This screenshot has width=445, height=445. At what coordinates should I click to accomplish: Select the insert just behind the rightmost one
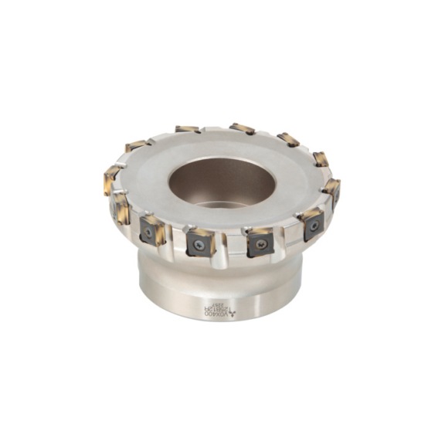click(321, 159)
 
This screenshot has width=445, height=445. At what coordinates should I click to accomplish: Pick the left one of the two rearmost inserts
click(187, 129)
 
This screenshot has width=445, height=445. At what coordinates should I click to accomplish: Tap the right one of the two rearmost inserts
click(242, 127)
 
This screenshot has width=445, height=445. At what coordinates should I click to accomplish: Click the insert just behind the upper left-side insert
click(137, 145)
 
